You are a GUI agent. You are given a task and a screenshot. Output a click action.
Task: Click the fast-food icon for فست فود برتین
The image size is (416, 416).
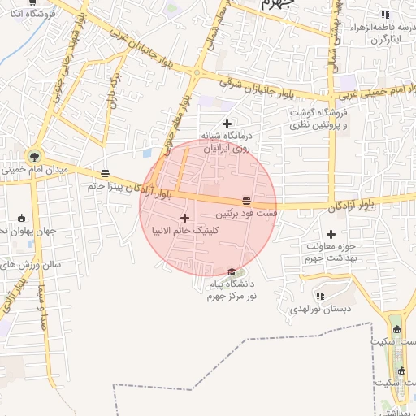coord(246,201)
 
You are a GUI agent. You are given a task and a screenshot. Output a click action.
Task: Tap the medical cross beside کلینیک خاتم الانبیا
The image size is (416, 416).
coord(185,218)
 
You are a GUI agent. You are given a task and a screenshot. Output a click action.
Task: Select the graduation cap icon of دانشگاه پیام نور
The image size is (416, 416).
coord(232,271)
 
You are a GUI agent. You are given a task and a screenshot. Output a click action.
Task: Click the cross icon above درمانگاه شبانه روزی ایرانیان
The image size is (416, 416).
coord(227,123)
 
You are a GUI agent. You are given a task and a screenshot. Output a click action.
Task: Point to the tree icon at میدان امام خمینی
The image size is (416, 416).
coord(34,155)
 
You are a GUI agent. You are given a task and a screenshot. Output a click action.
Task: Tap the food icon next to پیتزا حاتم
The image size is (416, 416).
coord(105,172)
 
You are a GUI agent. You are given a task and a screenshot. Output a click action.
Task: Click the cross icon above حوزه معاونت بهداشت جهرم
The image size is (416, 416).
coord(330,234)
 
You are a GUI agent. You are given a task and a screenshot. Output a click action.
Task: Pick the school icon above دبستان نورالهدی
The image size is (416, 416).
coord(319,296)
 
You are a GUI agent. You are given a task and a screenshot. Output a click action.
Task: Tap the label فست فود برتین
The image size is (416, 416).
coord(247,214)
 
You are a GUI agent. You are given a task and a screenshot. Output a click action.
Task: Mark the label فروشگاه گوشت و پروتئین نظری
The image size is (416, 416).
coord(318,118)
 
